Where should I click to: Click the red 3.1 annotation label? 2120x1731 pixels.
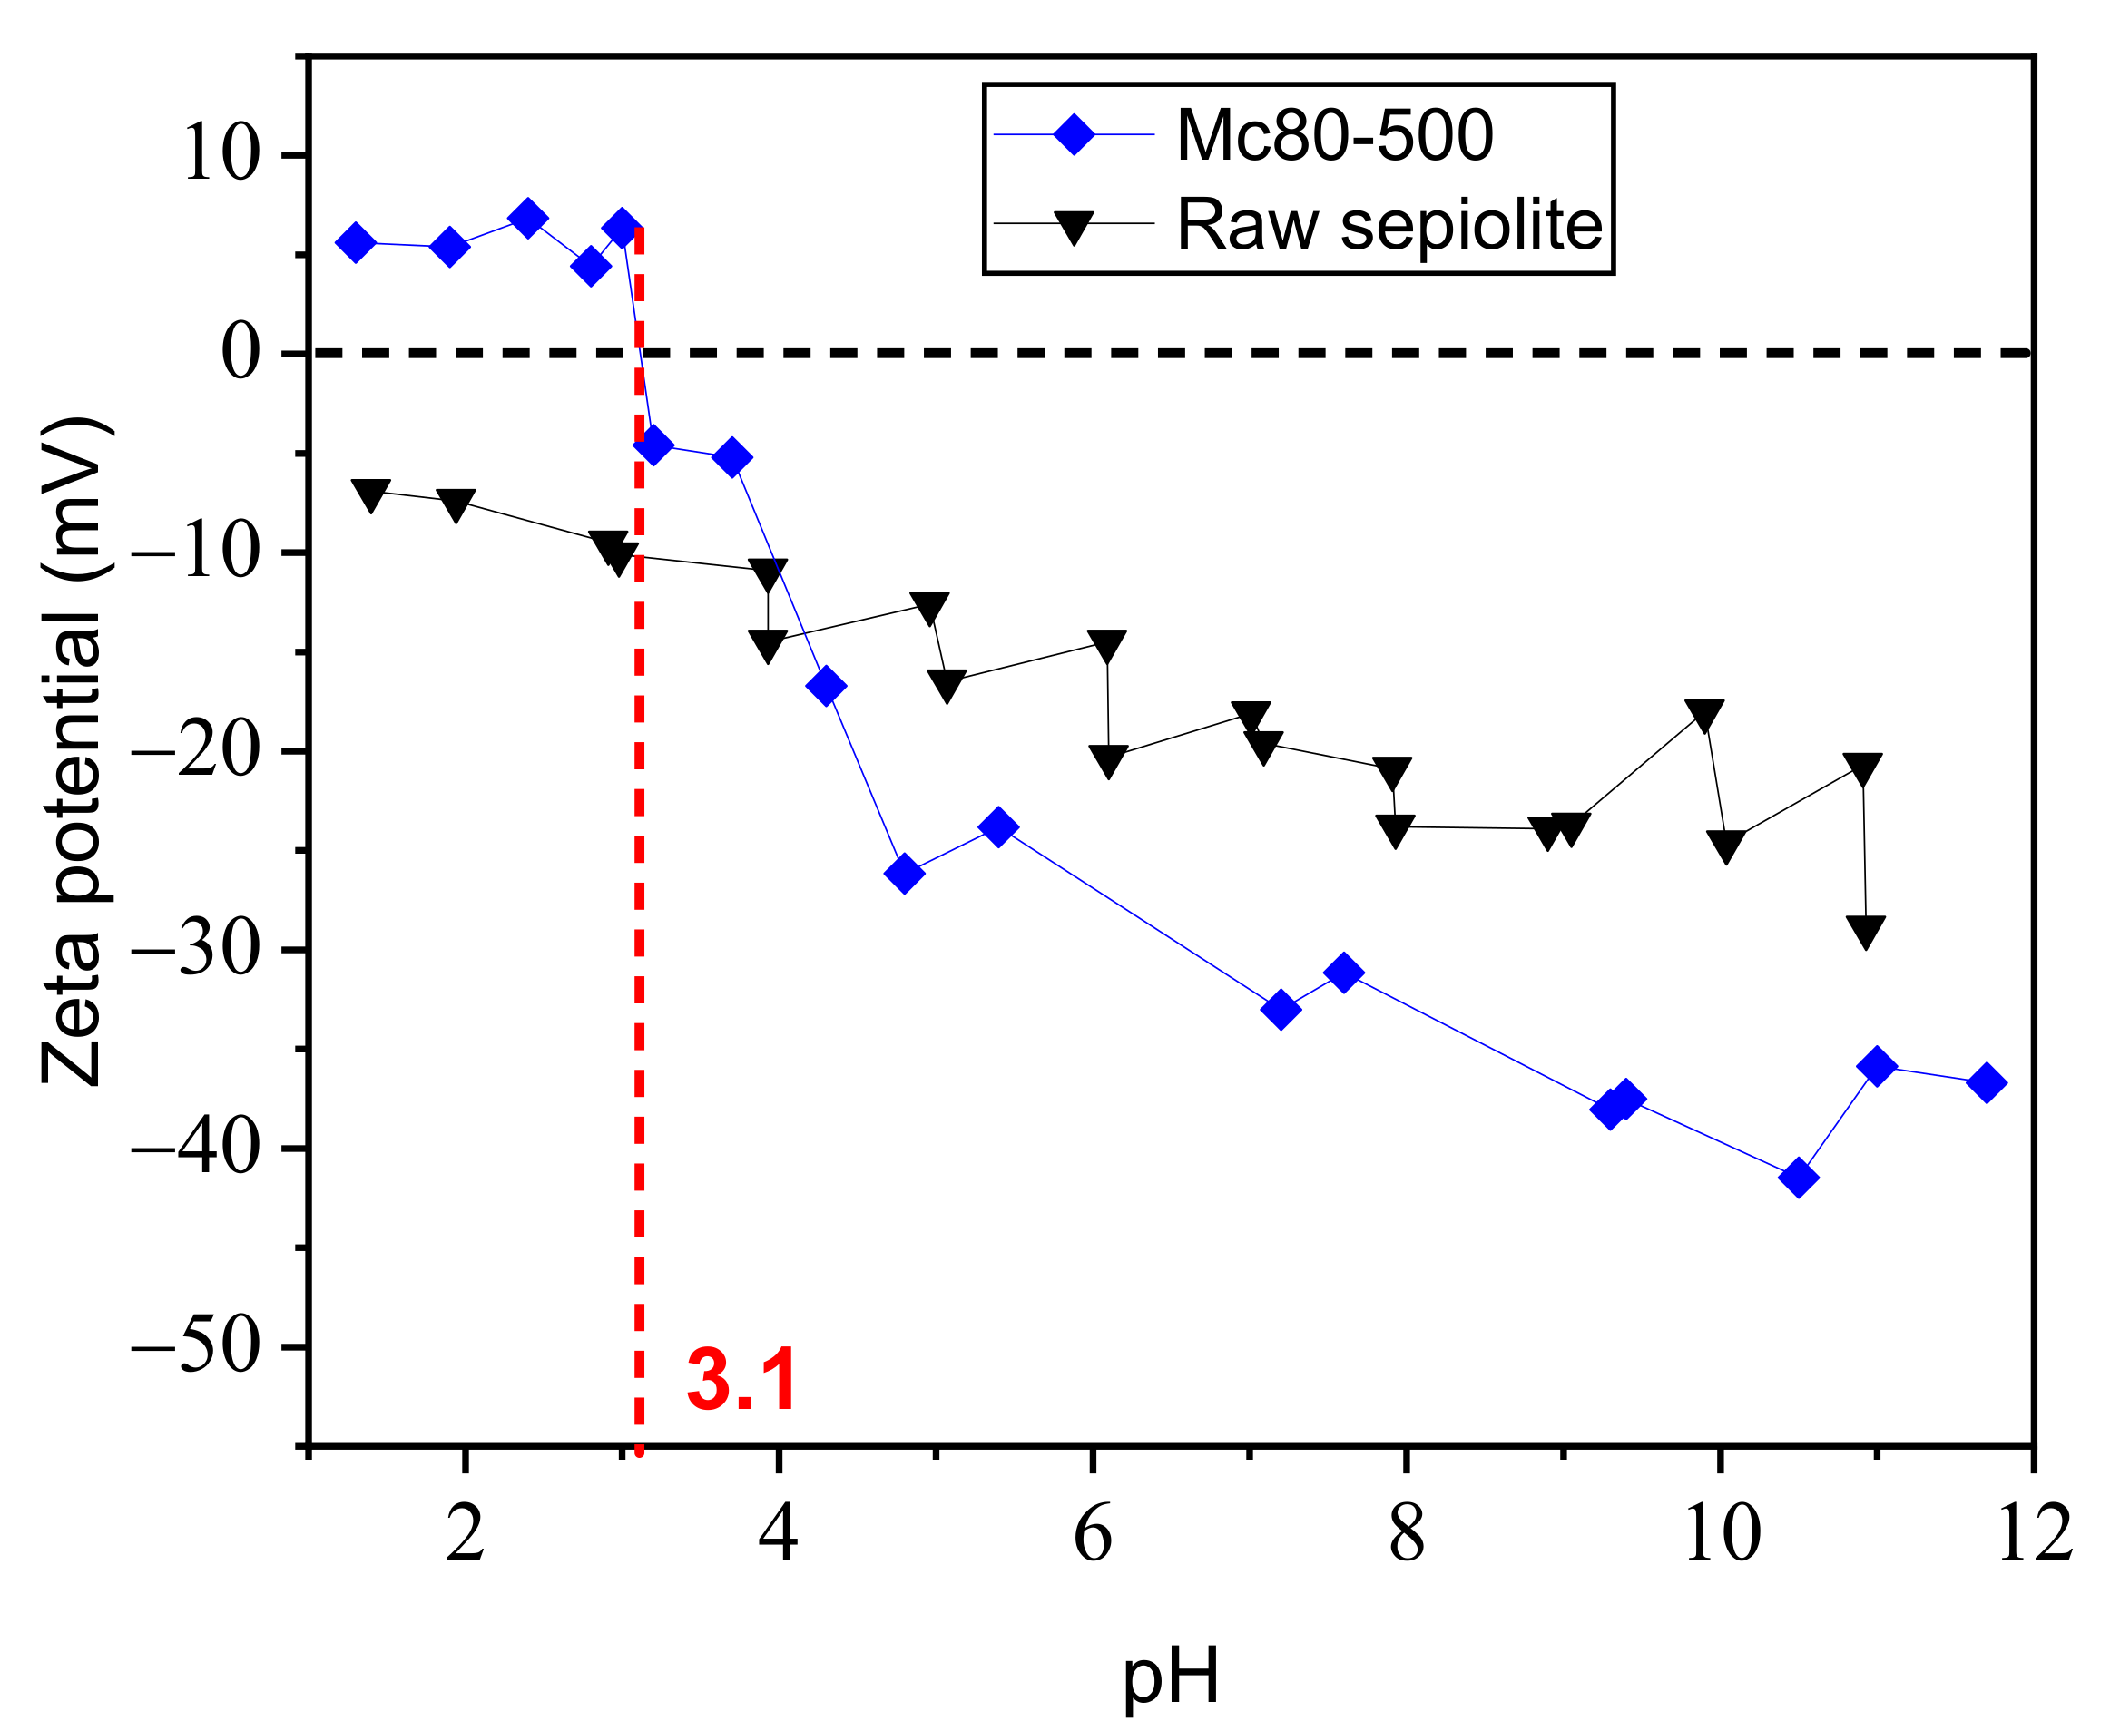(741, 1381)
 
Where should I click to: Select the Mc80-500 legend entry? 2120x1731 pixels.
(1333, 134)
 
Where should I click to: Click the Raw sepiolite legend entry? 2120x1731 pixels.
(1389, 223)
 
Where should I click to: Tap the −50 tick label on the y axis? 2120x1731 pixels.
(195, 1347)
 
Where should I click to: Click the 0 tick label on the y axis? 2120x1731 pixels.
(240, 353)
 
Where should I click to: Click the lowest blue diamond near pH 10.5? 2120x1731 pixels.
(1798, 1178)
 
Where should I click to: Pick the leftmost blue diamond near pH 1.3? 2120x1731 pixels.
(355, 242)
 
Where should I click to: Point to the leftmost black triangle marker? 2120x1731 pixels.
(371, 494)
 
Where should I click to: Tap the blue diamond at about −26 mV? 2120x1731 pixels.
(903, 874)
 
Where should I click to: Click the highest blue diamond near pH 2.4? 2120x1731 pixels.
(527, 218)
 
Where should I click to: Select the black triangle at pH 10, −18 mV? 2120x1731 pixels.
(1704, 715)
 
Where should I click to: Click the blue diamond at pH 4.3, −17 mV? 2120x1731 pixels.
(826, 686)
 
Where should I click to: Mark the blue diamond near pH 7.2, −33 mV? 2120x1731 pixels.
(1281, 1010)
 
